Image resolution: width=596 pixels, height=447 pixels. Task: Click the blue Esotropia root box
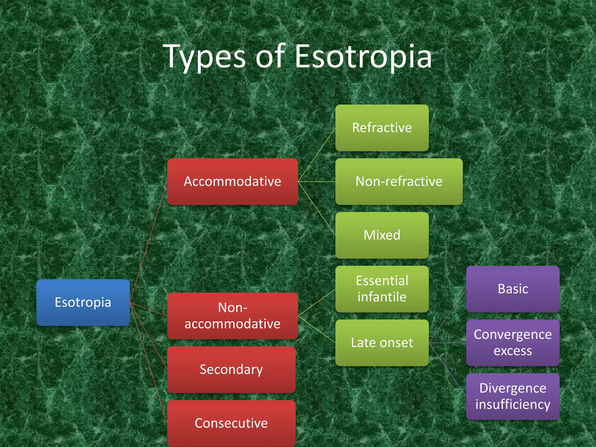pos(83,302)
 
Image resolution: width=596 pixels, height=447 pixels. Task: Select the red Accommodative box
pos(232,182)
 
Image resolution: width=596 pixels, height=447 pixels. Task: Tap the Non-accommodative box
pos(232,316)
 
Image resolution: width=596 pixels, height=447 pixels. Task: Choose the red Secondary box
pos(231,370)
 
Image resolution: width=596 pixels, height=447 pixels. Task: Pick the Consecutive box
pos(231,423)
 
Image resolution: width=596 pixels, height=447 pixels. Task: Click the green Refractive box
pos(382,128)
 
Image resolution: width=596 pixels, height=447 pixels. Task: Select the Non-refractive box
pos(399,182)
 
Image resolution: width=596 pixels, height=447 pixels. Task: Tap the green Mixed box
pos(382,235)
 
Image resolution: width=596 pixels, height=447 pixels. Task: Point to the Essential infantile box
pos(382,289)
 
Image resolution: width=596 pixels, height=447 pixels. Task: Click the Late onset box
pos(382,343)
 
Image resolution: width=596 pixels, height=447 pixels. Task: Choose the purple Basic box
pos(513,289)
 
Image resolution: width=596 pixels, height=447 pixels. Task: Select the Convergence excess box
pos(513,343)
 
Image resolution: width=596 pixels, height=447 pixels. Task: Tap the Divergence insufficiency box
pos(513,396)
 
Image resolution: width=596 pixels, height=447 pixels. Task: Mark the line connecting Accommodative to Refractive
pos(317,155)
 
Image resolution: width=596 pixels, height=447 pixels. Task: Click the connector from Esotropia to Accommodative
pos(148,242)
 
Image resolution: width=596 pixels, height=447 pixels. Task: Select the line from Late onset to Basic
pos(448,316)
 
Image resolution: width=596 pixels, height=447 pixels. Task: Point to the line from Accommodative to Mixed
pos(317,208)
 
